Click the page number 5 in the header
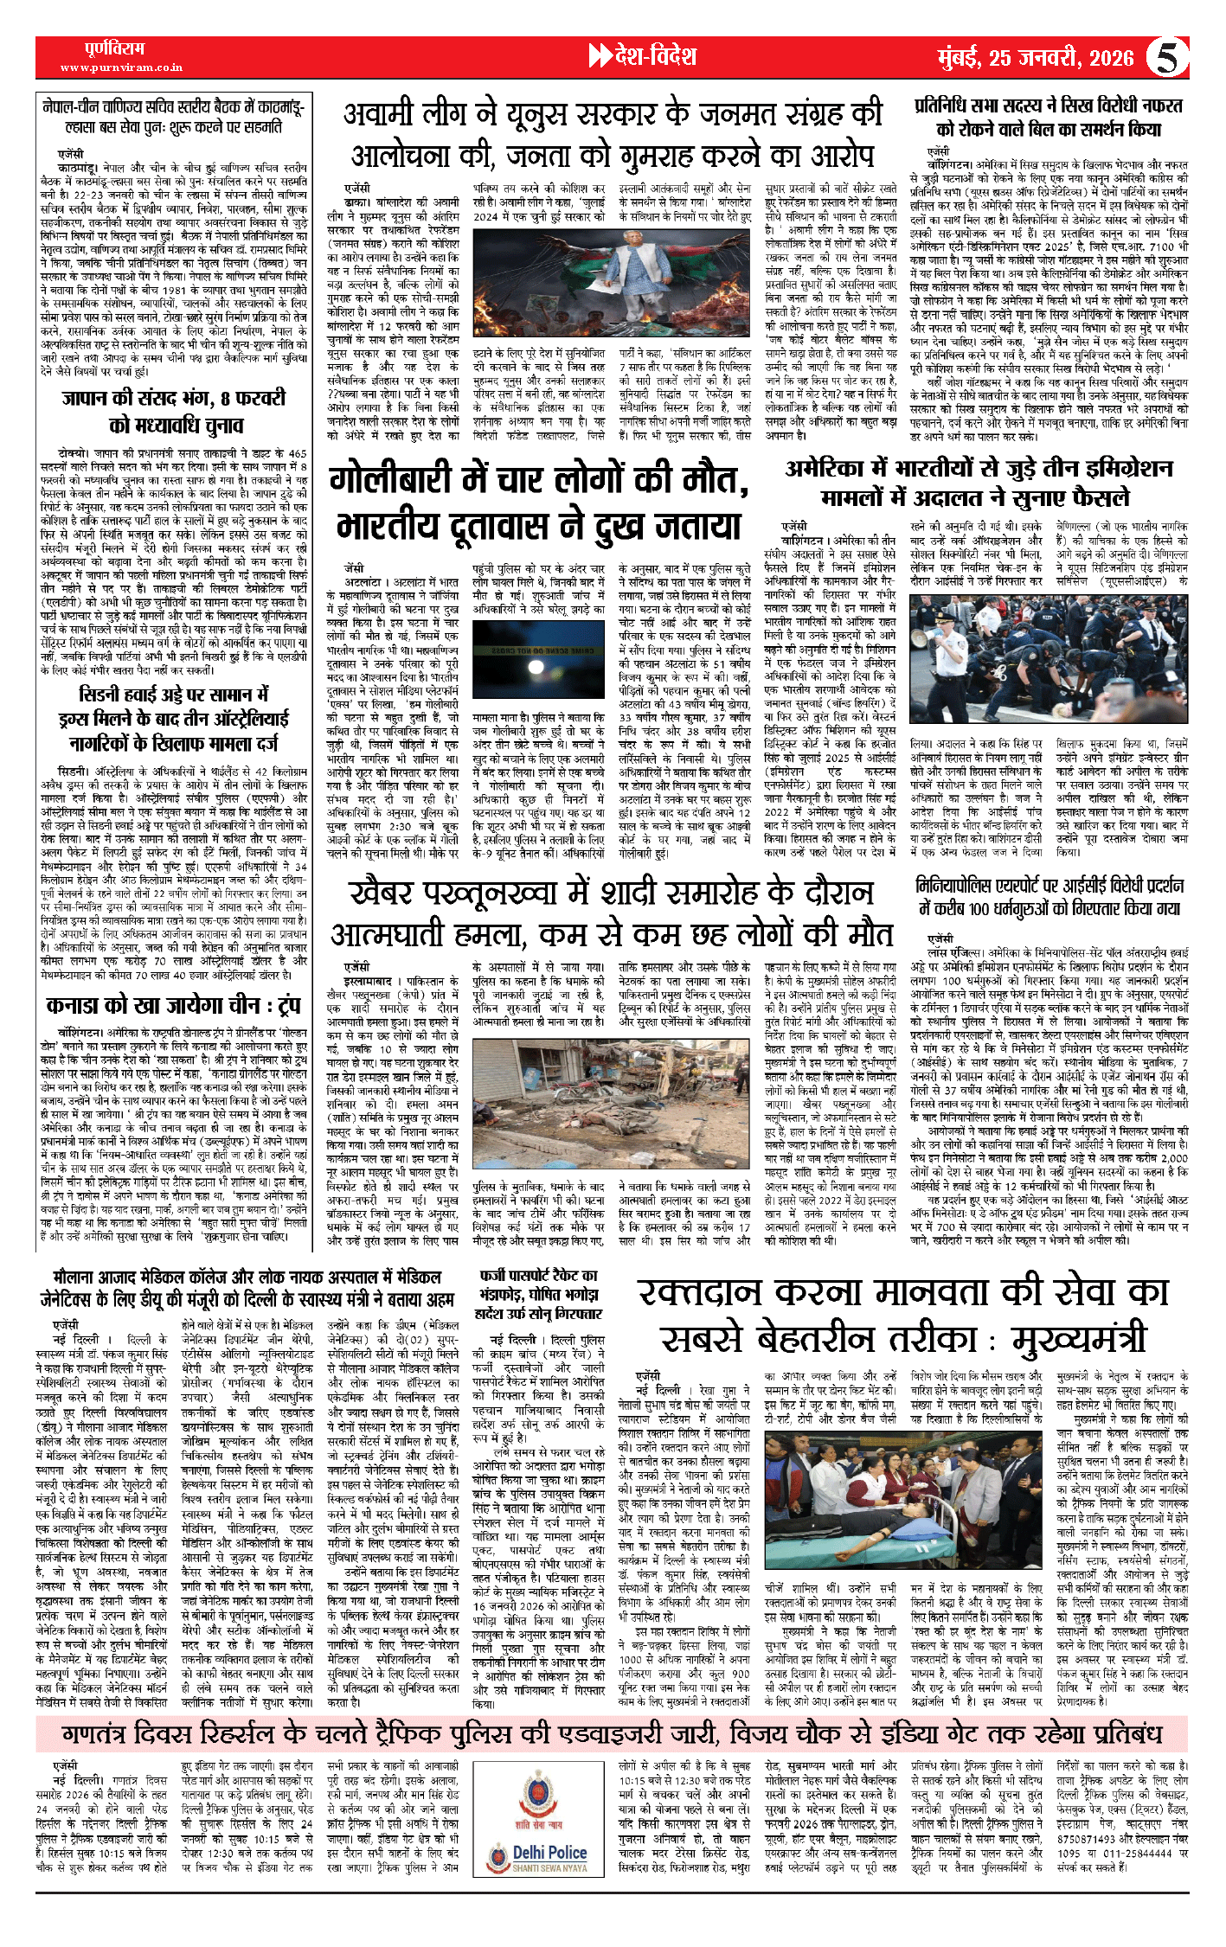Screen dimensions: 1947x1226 [x=1167, y=58]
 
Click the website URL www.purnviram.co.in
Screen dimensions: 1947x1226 [x=121, y=67]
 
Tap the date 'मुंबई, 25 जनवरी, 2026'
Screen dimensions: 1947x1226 [x=1036, y=58]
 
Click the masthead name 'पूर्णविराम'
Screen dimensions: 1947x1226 [x=115, y=48]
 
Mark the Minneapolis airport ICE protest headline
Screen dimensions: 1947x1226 [x=1049, y=896]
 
